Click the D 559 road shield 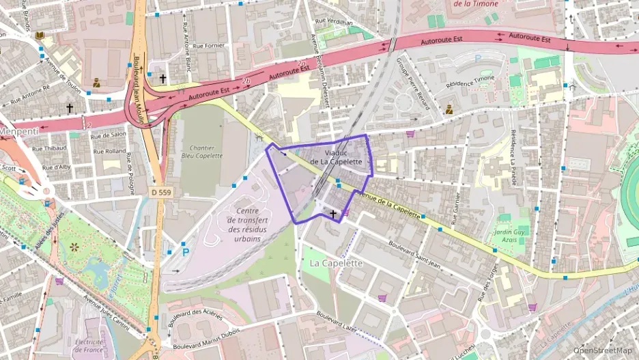(161, 193)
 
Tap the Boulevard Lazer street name (337, 322)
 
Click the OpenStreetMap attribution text (602, 350)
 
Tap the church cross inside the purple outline (333, 214)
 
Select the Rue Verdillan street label (334, 22)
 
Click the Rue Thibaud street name (50, 148)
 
